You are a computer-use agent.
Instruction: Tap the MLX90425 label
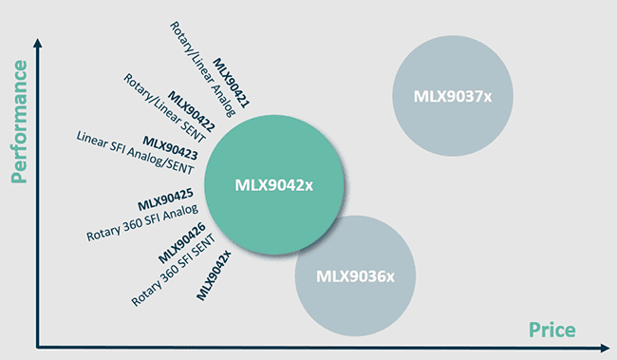165,200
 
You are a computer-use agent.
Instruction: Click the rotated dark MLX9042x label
214,275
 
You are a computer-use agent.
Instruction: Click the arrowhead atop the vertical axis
37,42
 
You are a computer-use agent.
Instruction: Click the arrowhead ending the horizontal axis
608,345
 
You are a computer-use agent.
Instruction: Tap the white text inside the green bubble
273,185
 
